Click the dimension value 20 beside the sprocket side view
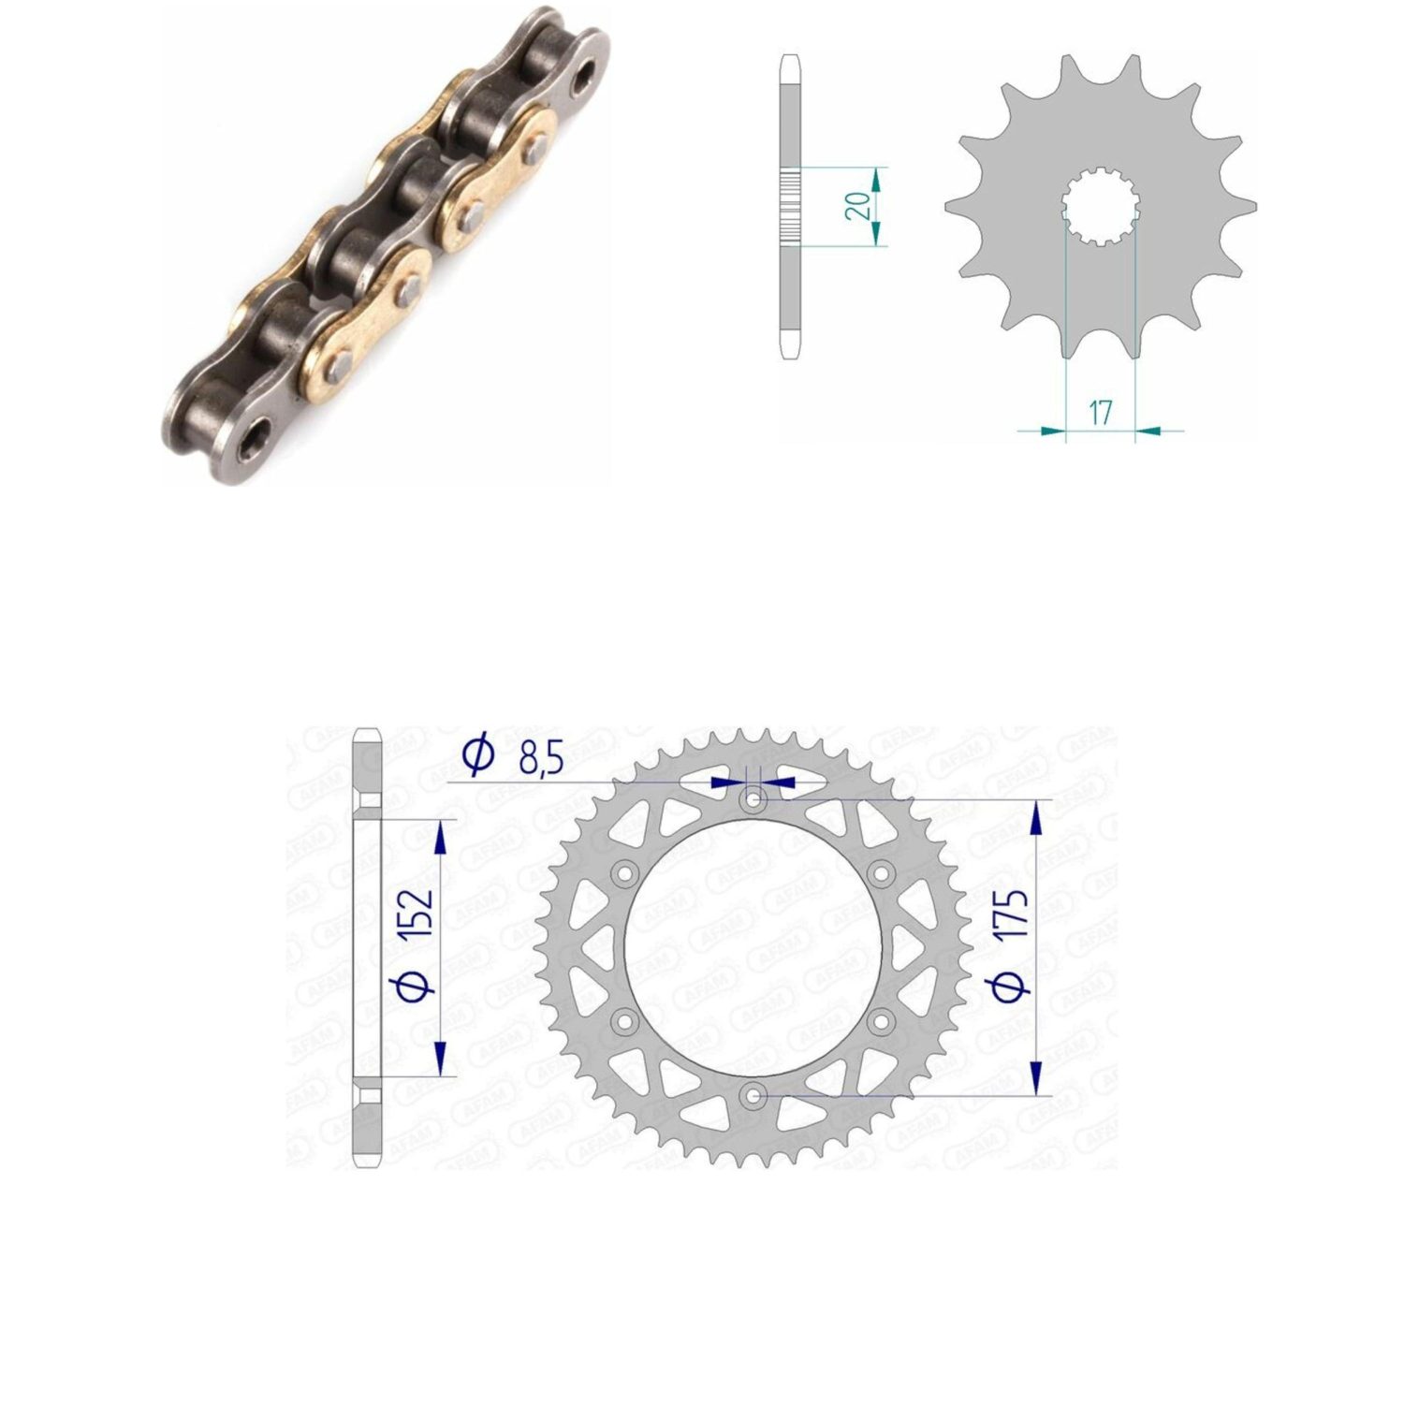[857, 204]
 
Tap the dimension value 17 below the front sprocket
[1101, 412]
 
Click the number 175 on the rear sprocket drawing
[1013, 914]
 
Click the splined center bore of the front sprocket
[1101, 206]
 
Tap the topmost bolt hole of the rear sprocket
[754, 801]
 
